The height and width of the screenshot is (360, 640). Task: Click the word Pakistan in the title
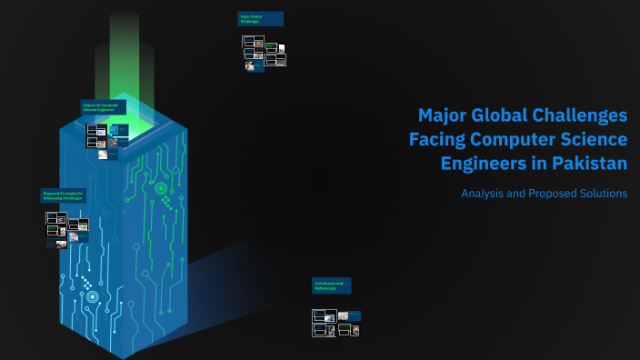(x=585, y=164)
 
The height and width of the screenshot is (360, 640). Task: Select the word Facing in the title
(x=435, y=140)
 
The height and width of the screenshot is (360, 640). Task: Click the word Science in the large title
(x=591, y=140)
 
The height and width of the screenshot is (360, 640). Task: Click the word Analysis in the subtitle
(x=482, y=193)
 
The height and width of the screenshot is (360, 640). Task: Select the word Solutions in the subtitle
(x=600, y=193)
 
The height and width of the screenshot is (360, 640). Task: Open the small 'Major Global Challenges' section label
(x=260, y=18)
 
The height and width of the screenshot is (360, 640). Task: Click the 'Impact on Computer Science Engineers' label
(x=103, y=106)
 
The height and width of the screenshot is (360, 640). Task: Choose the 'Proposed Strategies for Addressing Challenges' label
(x=64, y=195)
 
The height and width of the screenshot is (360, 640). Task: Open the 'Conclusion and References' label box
(x=331, y=285)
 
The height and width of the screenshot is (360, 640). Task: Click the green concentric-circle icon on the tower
(x=161, y=189)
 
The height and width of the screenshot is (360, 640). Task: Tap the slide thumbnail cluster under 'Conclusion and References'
(x=335, y=323)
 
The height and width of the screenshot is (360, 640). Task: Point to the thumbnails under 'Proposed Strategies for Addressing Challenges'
(x=68, y=230)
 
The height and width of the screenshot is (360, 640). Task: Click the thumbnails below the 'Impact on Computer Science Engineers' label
(x=106, y=141)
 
